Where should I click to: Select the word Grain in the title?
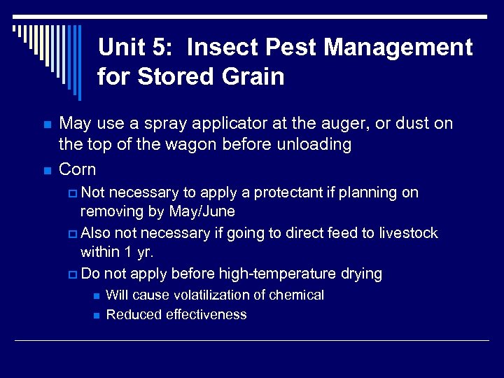coord(252,76)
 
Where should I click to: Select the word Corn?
coord(78,169)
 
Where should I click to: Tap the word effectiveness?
coord(206,314)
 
